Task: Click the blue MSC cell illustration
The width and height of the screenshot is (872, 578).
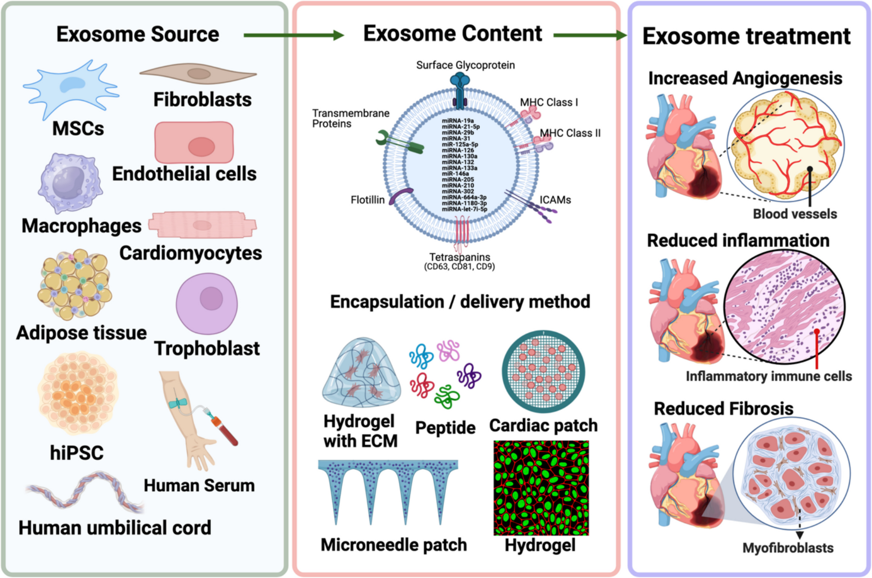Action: tap(71, 88)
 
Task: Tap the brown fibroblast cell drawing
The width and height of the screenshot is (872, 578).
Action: tap(198, 74)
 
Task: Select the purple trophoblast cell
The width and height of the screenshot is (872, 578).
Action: tap(207, 303)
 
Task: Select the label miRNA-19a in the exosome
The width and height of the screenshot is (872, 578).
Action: tap(457, 121)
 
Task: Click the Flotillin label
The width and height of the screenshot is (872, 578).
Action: tap(367, 200)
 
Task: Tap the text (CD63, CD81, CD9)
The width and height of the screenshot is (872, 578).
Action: tap(459, 267)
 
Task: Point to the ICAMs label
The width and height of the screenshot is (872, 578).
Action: tap(555, 200)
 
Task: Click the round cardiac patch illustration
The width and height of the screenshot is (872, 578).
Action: tap(543, 371)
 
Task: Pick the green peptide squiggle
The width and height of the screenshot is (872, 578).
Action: tap(447, 396)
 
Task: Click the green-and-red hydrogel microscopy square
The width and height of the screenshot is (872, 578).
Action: tap(541, 488)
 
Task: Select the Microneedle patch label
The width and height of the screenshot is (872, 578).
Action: tap(394, 545)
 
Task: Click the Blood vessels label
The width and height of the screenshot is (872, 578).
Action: tap(794, 214)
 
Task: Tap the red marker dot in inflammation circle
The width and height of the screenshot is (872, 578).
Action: tap(817, 332)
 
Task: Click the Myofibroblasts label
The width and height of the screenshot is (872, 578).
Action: tap(788, 548)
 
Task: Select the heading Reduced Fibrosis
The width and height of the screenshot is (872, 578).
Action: tap(723, 408)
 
